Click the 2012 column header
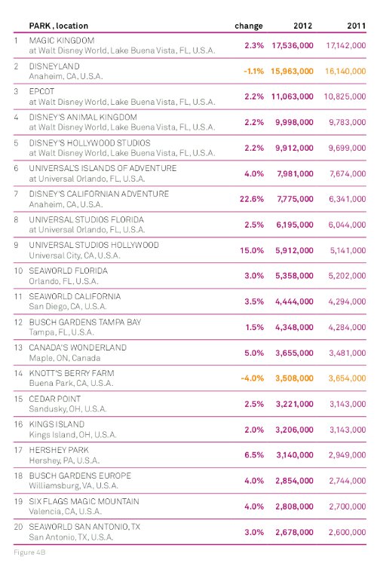point(302,26)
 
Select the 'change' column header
point(249,26)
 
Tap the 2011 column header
point(356,26)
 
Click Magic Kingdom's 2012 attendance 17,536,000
point(293,46)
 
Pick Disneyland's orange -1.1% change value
point(253,71)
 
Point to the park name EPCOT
point(41,91)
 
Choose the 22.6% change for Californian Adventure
point(252,199)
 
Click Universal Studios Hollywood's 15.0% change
point(252,250)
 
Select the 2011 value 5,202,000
point(347,276)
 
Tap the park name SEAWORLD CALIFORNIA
point(75,296)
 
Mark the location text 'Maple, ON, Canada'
point(65,358)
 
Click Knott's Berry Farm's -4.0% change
point(253,378)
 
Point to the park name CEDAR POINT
point(55,399)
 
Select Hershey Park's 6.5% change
point(254,455)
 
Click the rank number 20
point(18,527)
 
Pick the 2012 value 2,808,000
point(294,506)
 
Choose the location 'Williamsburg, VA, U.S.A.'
point(74,486)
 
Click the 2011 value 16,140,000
point(345,71)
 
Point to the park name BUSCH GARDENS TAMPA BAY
point(85,322)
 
